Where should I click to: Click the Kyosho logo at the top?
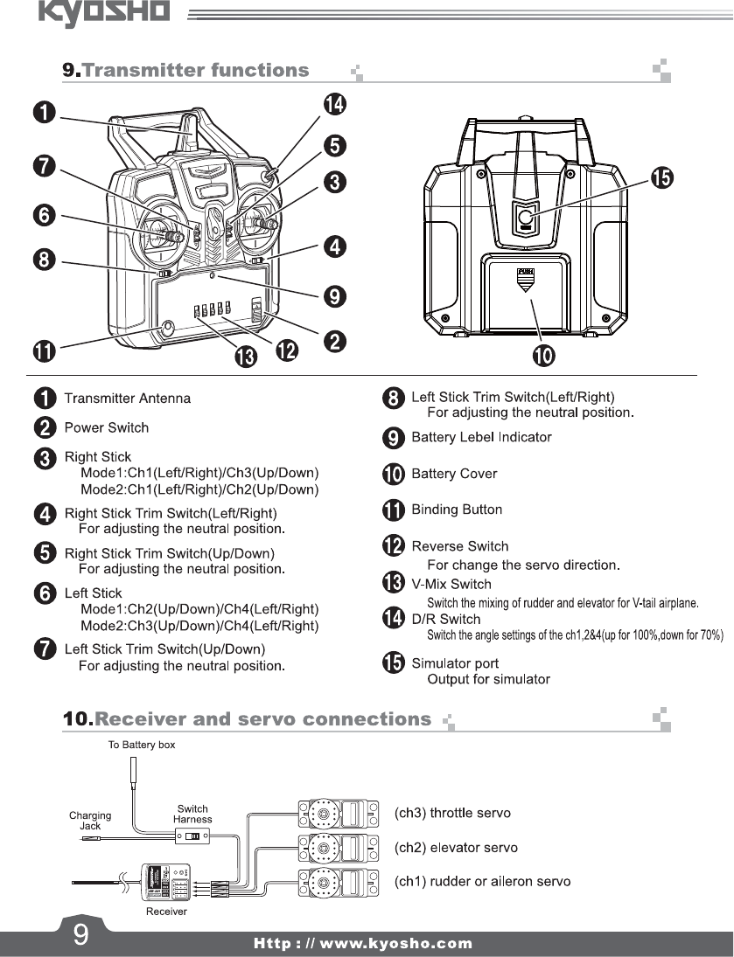[x=104, y=14]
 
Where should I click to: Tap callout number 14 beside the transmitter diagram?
[x=334, y=105]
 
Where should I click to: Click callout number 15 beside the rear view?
[x=662, y=178]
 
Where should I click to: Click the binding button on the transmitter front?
[x=166, y=329]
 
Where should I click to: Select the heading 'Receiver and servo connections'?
[x=262, y=720]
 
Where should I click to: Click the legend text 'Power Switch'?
[x=107, y=427]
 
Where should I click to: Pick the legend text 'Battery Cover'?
[x=454, y=474]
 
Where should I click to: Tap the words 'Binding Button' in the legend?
[x=457, y=510]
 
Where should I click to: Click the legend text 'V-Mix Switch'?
[x=451, y=584]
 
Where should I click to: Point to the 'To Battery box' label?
[x=142, y=745]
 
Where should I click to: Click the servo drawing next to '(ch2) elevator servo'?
[x=339, y=847]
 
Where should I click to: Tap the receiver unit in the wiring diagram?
[x=165, y=882]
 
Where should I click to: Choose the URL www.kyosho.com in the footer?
[x=363, y=944]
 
